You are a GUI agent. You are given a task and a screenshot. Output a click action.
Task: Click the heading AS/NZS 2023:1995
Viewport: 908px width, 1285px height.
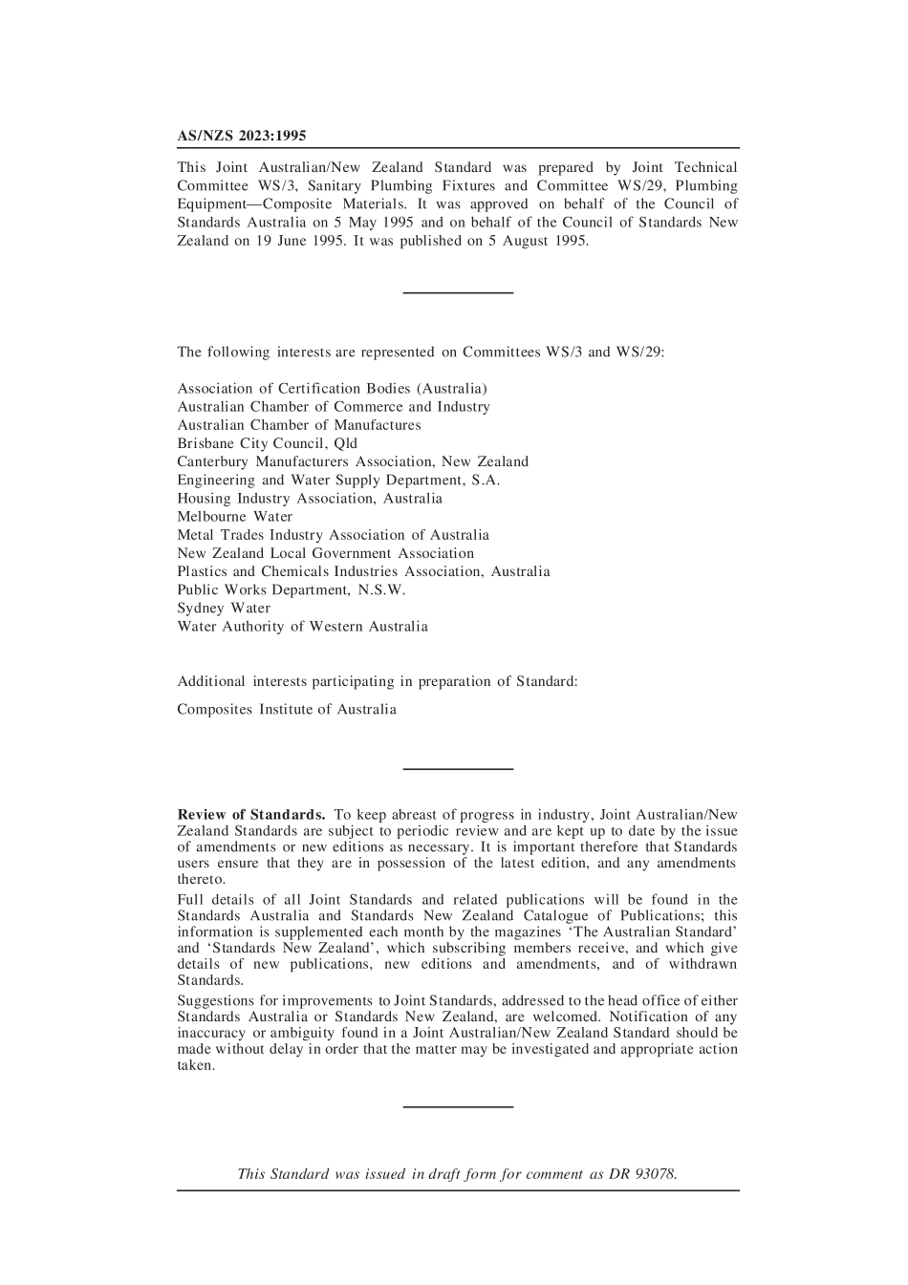[x=242, y=137]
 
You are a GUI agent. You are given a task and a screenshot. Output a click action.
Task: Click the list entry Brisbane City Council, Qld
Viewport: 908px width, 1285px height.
[x=267, y=443]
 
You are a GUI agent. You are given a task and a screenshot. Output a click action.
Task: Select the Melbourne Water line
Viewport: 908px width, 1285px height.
[x=234, y=517]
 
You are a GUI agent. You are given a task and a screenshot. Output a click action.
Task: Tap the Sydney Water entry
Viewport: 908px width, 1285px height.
[x=224, y=609]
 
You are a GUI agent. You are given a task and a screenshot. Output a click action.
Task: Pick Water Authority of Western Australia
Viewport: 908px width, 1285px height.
[x=302, y=627]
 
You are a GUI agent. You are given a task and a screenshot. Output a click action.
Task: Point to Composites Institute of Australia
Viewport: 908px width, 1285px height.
[x=287, y=710]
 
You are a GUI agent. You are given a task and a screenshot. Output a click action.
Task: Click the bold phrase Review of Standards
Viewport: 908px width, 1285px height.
[x=251, y=815]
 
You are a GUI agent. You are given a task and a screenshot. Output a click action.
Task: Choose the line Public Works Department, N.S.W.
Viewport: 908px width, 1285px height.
[x=292, y=590]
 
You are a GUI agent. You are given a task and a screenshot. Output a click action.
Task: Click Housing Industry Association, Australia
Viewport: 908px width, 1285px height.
[x=310, y=499]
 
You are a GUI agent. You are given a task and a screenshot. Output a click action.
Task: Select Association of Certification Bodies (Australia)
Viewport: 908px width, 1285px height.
[x=332, y=389]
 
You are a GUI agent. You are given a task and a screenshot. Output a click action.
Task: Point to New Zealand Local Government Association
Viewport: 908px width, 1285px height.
[x=325, y=553]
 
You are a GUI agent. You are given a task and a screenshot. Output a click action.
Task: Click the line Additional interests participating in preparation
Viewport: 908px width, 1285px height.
[x=377, y=682]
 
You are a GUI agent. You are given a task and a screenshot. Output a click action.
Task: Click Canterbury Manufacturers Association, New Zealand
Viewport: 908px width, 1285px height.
[x=353, y=461]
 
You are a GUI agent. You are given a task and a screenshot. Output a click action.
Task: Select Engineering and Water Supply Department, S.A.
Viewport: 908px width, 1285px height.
[x=338, y=481]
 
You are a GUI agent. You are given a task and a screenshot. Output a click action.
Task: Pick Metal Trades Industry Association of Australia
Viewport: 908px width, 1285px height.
[x=333, y=535]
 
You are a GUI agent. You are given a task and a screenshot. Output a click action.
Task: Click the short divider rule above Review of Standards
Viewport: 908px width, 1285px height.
[x=458, y=768]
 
